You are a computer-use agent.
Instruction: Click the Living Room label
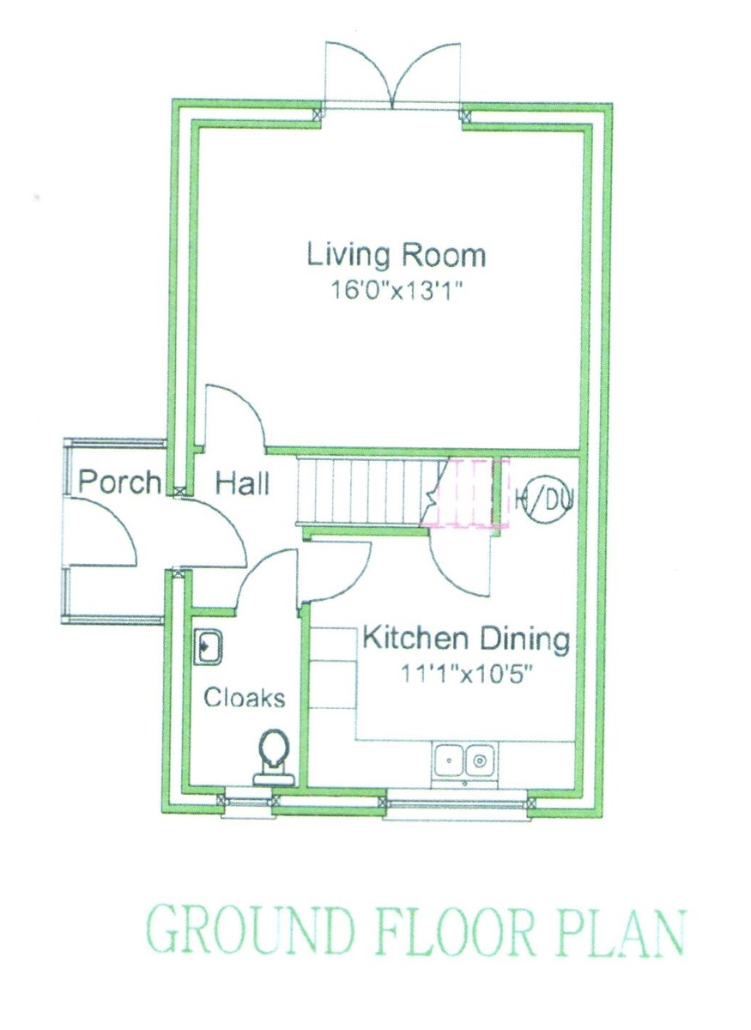click(396, 257)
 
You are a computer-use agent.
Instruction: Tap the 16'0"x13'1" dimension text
click(396, 291)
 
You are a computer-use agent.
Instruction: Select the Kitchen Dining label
click(466, 639)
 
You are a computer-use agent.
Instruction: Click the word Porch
click(118, 482)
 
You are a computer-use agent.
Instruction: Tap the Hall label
click(242, 484)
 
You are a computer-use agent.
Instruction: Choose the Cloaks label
click(245, 698)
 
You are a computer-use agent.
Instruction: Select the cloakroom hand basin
click(209, 646)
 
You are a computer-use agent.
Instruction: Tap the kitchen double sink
click(463, 760)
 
